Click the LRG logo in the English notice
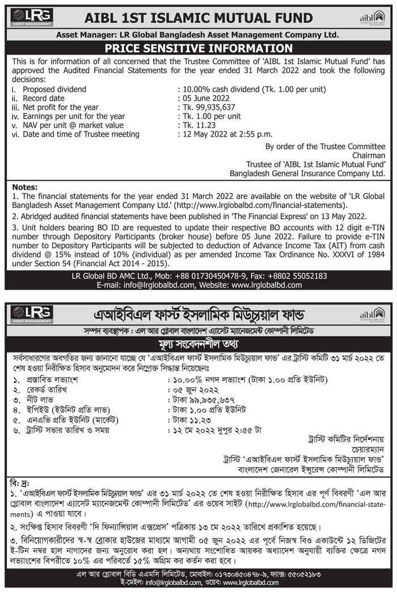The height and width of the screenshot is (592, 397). pos(32,16)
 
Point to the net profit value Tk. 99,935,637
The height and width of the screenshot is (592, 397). pos(206,107)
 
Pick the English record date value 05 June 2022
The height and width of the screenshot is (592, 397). pos(202,98)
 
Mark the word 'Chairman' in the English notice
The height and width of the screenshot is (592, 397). pos(369,155)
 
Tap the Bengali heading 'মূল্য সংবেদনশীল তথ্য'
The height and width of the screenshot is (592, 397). pos(198,344)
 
